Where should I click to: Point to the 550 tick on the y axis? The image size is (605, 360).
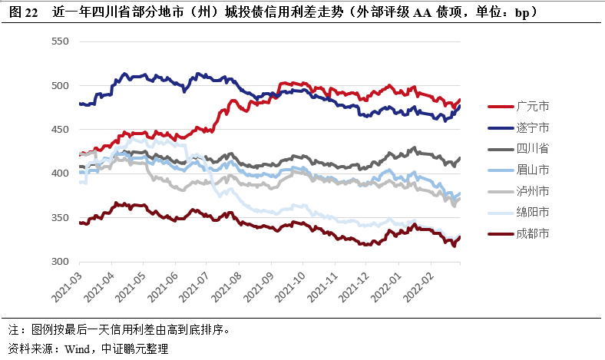click(59, 41)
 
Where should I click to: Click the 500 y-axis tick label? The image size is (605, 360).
click(59, 86)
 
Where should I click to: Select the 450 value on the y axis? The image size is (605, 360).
click(59, 130)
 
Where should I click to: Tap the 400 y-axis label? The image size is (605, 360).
click(59, 174)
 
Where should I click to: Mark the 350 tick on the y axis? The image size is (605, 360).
click(59, 218)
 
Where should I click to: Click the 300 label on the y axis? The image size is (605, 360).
click(59, 262)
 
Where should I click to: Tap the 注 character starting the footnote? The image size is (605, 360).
click(12, 331)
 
